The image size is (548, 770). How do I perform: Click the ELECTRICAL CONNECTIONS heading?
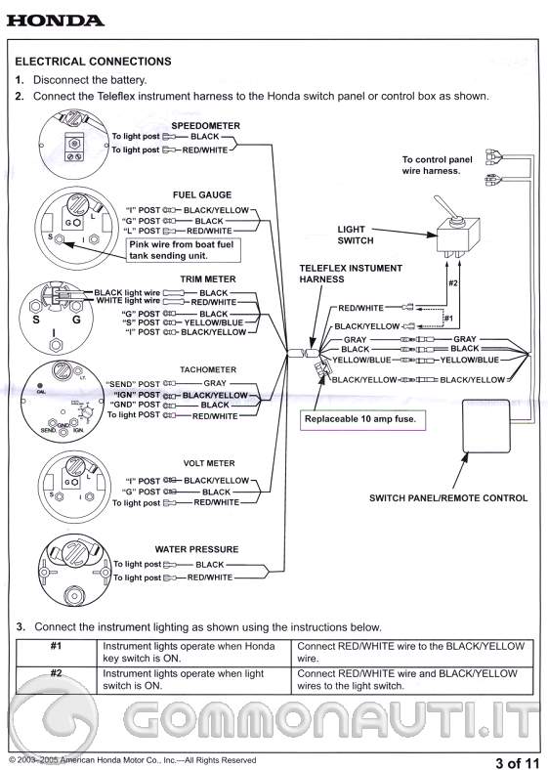(93, 61)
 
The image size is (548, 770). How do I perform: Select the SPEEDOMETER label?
(206, 126)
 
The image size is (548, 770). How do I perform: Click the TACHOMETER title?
(208, 369)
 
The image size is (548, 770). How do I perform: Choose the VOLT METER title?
(208, 463)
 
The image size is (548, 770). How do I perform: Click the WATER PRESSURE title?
(196, 549)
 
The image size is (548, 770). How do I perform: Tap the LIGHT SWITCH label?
(356, 235)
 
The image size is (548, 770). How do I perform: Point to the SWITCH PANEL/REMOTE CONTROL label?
(447, 497)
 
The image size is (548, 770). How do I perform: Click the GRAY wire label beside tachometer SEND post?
(214, 383)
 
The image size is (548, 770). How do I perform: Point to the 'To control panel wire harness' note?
(438, 164)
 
